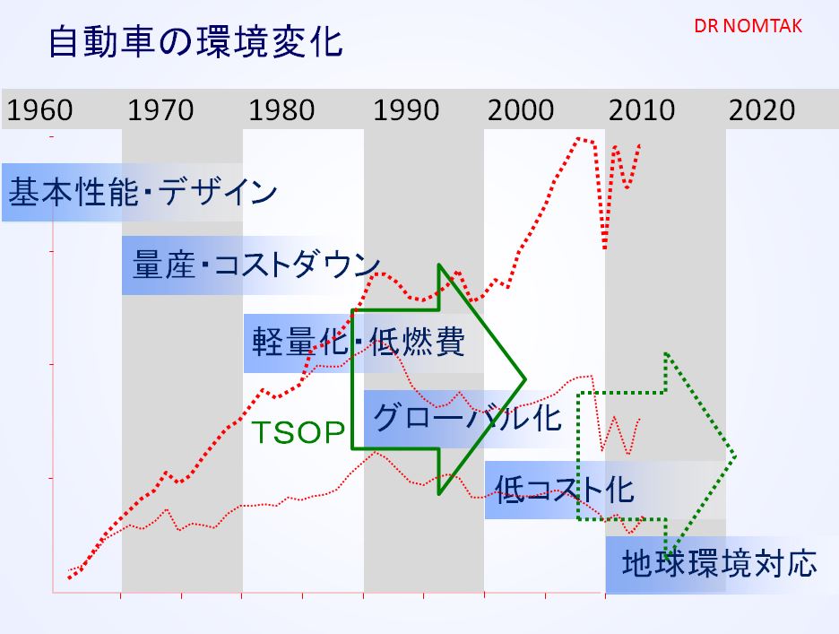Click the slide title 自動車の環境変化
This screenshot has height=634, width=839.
195,42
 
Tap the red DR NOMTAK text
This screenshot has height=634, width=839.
748,26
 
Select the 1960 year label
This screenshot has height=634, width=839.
39,110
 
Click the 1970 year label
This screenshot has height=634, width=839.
160,110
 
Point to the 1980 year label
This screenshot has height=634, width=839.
282,110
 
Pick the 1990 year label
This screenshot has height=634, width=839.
406,110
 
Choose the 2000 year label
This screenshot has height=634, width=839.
521,110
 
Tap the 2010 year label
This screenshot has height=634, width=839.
642,110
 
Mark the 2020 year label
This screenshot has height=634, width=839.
762,110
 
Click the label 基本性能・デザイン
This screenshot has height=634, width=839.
143,192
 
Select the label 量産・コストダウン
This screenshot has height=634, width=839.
255,265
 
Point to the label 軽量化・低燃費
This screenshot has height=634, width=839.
359,341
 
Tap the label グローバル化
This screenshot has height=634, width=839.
467,417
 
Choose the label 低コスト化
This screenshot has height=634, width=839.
565,489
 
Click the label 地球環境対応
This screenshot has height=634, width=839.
719,563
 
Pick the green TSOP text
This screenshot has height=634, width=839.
298,432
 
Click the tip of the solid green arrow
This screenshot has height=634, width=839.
526,379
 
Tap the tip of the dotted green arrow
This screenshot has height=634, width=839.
735,456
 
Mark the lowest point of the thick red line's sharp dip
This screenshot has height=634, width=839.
605,248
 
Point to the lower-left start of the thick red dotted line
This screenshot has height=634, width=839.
70,578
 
